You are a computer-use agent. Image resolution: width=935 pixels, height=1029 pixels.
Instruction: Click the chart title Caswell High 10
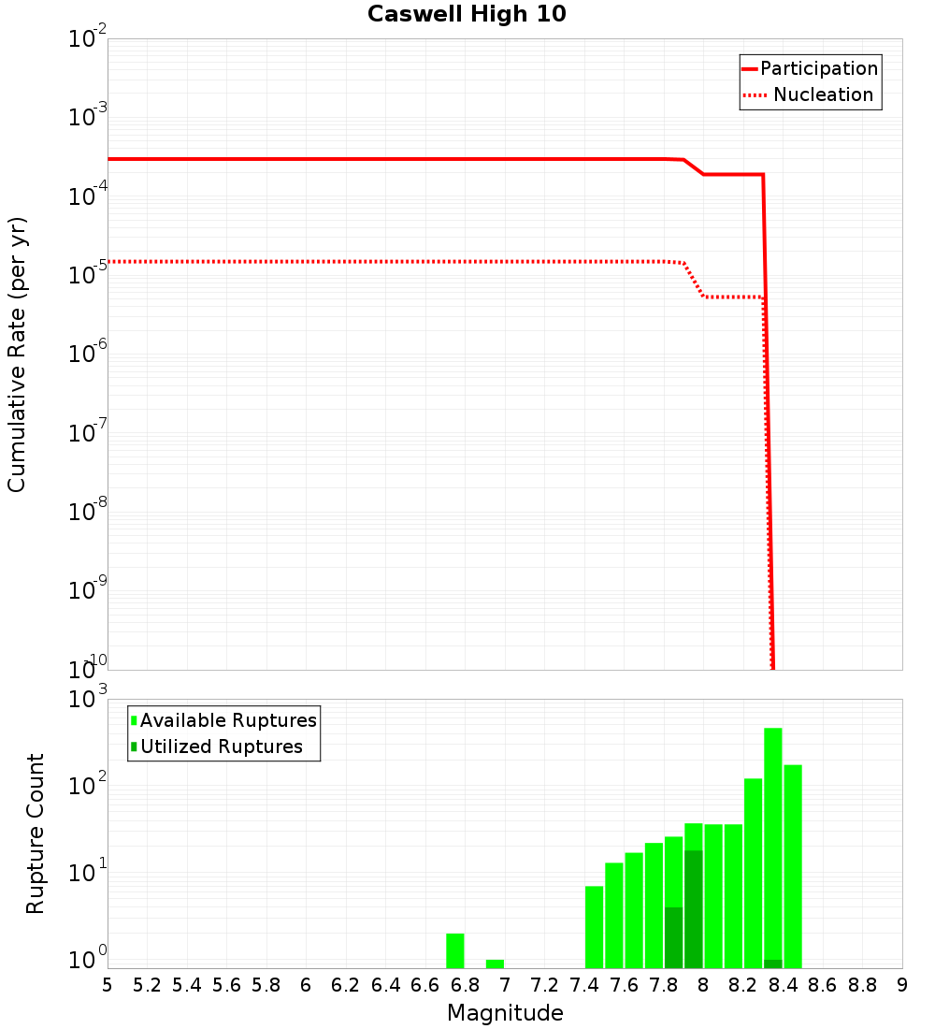tap(467, 15)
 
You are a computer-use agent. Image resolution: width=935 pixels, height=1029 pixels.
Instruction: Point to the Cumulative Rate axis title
tap(17, 354)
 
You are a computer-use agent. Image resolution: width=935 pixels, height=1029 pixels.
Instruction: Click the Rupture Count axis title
tap(36, 833)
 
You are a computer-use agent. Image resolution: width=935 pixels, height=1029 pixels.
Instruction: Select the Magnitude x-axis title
tap(505, 1013)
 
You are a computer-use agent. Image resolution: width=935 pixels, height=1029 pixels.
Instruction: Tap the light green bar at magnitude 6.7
tap(455, 950)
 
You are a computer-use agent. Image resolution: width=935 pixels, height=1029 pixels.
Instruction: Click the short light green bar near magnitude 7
tap(495, 964)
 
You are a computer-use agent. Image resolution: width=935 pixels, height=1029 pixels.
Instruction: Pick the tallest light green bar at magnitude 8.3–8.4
tap(773, 842)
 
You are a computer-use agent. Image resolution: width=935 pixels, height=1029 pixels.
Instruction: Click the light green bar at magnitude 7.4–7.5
tap(595, 926)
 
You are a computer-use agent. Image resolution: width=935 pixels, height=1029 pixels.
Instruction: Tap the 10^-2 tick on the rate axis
tap(88, 40)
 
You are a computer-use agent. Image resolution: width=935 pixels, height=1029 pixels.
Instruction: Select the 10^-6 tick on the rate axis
tap(88, 355)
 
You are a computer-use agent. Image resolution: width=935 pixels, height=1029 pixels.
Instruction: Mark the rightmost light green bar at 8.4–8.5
tap(793, 865)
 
